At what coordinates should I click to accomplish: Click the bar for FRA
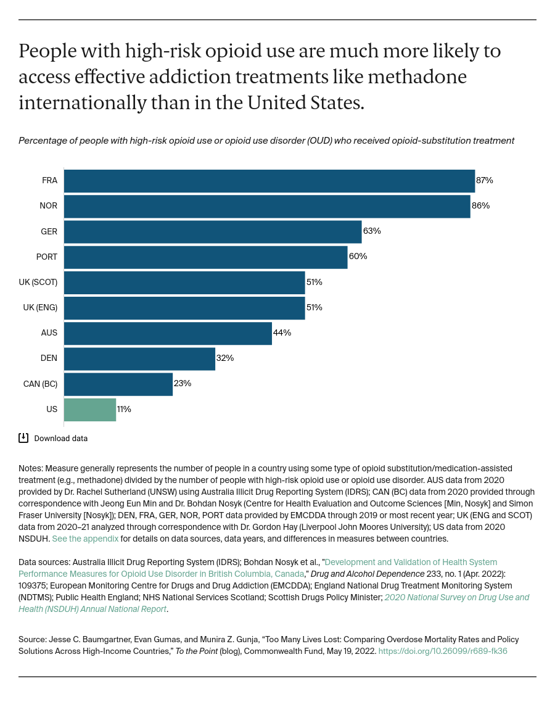click(x=269, y=181)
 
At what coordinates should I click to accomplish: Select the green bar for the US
click(x=90, y=410)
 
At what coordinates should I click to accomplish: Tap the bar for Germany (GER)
click(x=213, y=232)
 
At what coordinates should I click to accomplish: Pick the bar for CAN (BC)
click(x=118, y=384)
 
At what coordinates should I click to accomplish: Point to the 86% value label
click(x=480, y=206)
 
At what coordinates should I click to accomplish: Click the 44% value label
click(x=282, y=333)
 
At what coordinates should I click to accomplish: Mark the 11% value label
click(x=124, y=409)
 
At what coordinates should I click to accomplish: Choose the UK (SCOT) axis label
click(x=38, y=282)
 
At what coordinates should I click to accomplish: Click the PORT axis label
click(x=47, y=257)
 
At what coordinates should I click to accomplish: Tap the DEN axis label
click(x=49, y=358)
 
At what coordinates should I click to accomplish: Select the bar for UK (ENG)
click(x=184, y=308)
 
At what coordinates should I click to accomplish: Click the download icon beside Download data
click(x=23, y=438)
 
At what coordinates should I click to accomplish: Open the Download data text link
click(x=60, y=439)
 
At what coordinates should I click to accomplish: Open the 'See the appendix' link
click(x=85, y=539)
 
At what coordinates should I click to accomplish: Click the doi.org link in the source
click(x=442, y=651)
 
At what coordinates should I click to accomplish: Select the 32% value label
click(x=225, y=358)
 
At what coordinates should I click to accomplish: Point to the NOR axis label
click(x=49, y=206)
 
